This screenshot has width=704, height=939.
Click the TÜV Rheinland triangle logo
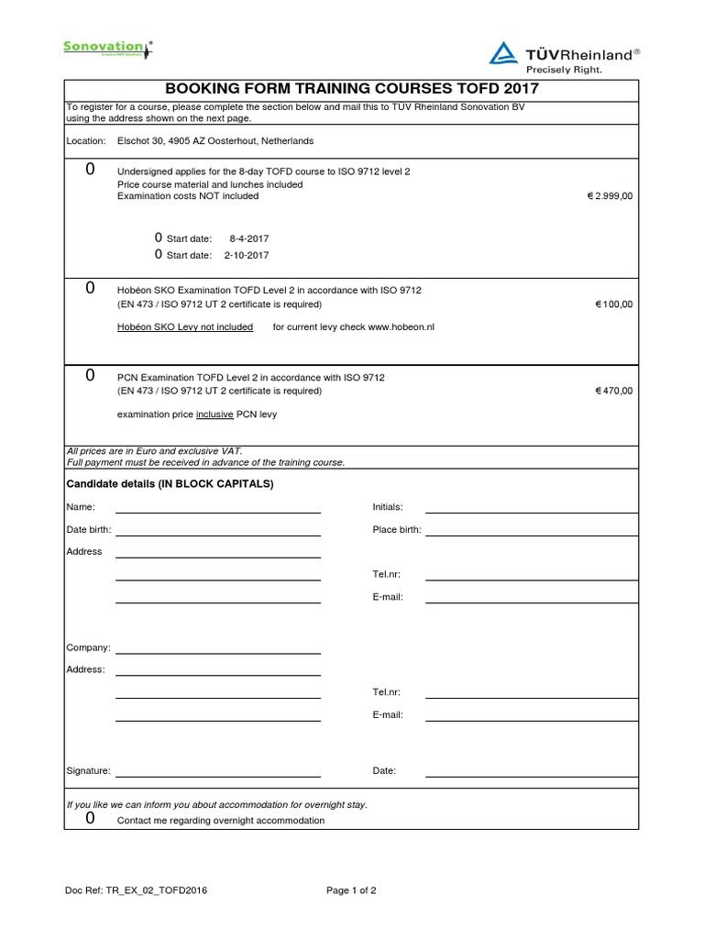[x=503, y=52]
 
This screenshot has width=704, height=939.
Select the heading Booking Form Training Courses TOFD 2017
[x=351, y=88]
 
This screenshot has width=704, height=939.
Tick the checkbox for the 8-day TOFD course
[x=90, y=170]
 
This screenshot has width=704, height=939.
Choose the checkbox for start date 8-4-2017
[x=159, y=238]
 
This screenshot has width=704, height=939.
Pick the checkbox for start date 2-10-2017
[x=159, y=254]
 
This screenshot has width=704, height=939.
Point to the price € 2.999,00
[x=610, y=196]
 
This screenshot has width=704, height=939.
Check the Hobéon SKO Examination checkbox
[x=90, y=288]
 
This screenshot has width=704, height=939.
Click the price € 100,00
[x=613, y=304]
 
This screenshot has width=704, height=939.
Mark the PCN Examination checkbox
[x=90, y=375]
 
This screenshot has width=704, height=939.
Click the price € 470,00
[x=613, y=391]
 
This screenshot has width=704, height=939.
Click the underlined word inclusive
[x=214, y=414]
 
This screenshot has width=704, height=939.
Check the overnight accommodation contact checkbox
[x=90, y=819]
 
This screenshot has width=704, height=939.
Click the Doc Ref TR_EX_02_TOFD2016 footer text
[x=137, y=890]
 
